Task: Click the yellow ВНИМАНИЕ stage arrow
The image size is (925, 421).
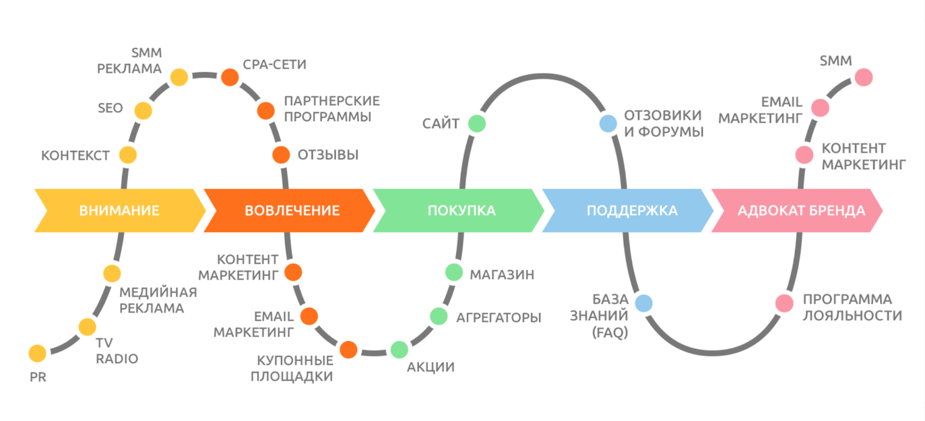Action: [119, 210]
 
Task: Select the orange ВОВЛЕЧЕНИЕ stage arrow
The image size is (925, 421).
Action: [291, 210]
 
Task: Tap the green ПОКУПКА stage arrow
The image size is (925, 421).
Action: [461, 210]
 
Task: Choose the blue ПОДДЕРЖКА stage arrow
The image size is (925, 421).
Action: [631, 210]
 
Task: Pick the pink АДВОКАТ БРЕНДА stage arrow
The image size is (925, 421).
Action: [801, 210]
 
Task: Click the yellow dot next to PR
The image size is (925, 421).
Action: [38, 353]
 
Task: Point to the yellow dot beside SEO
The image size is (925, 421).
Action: [143, 110]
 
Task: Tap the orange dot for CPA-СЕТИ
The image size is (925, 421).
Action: [230, 77]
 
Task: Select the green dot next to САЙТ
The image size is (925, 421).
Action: [477, 123]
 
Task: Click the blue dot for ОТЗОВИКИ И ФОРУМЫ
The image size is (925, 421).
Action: [608, 123]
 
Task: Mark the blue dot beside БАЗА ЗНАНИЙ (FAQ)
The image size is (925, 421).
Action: [643, 303]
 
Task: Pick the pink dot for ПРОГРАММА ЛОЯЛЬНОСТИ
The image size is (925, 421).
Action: [784, 303]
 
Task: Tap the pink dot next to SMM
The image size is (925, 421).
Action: [864, 77]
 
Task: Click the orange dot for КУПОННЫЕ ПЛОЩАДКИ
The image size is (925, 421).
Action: [348, 349]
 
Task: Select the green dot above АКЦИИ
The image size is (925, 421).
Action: [399, 349]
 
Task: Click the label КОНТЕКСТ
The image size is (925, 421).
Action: [75, 155]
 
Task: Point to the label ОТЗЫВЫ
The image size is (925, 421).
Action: [328, 155]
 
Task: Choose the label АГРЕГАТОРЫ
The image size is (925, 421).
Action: [498, 317]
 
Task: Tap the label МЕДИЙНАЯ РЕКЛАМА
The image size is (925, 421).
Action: [157, 300]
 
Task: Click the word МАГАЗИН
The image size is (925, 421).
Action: [501, 274]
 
